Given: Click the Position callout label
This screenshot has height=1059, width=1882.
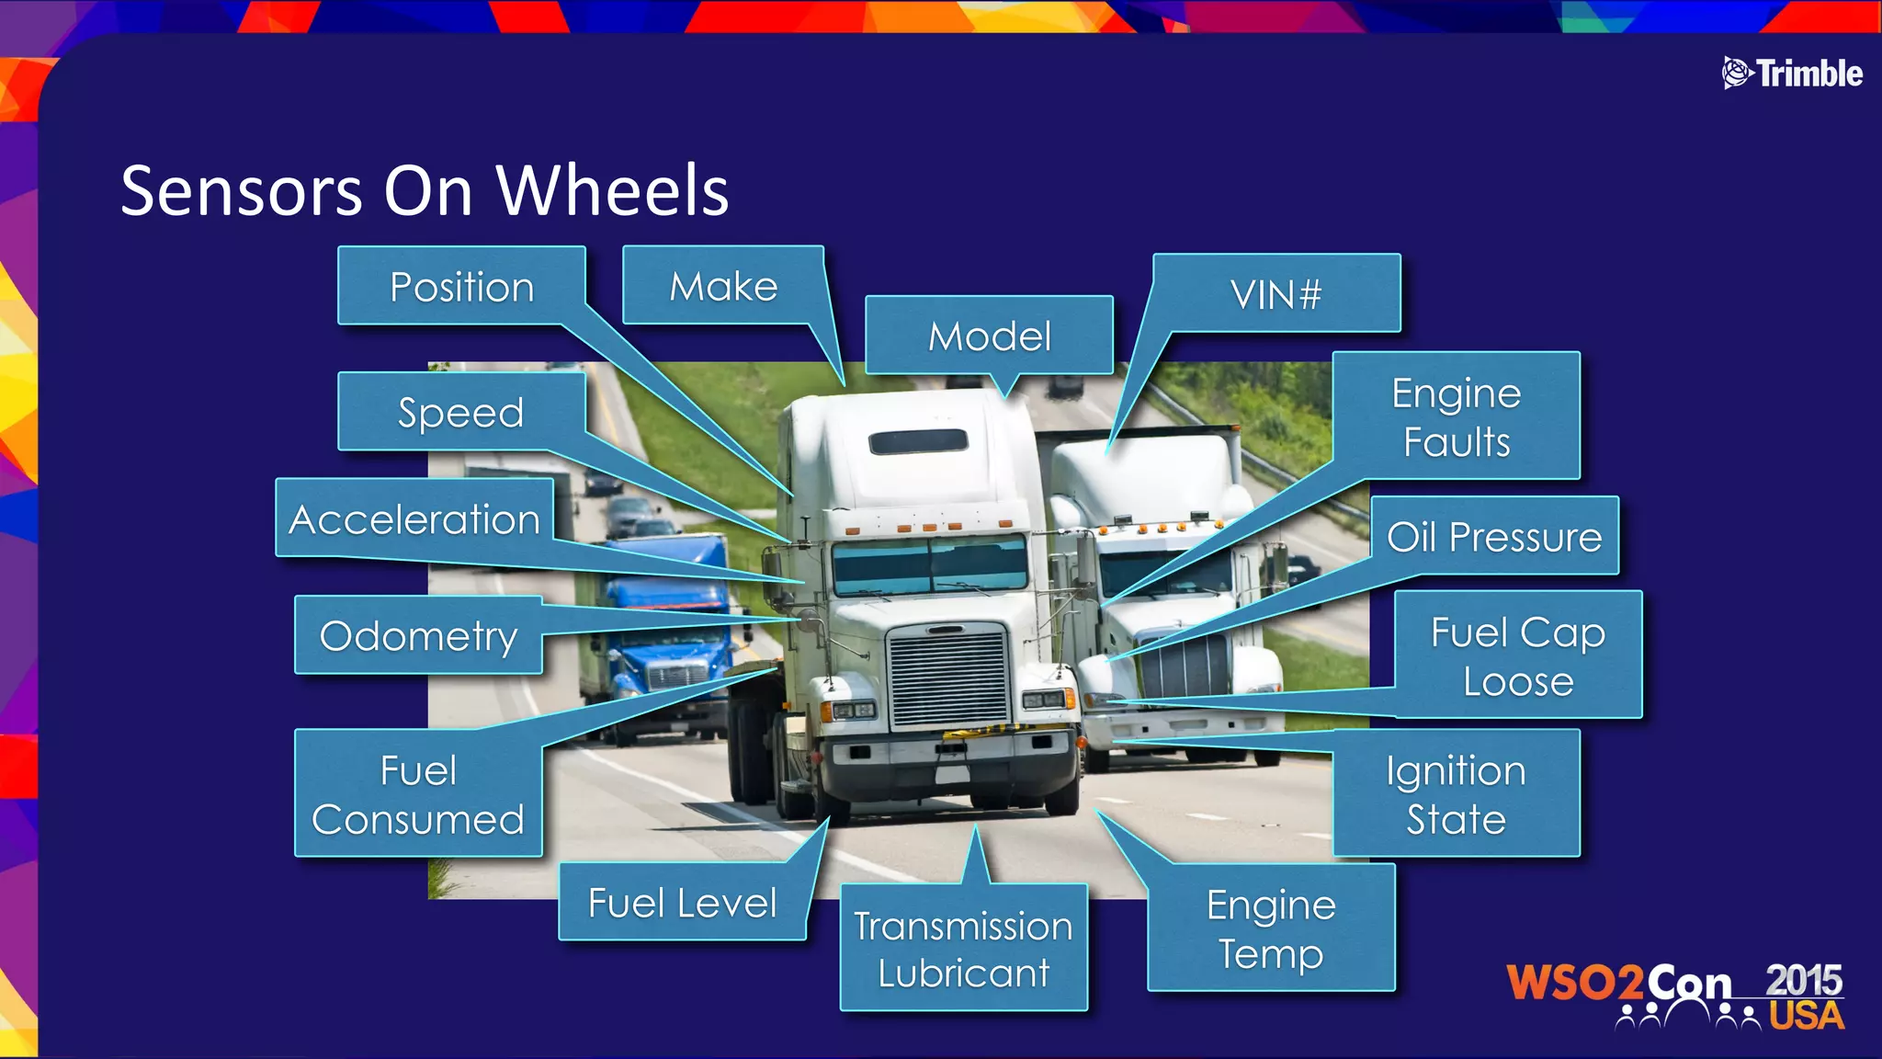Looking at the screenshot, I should click(x=461, y=286).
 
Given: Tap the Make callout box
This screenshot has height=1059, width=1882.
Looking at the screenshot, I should click(x=723, y=286).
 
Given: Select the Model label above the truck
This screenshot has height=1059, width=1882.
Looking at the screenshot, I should click(x=989, y=336).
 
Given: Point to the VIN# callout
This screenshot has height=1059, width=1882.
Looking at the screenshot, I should click(x=1275, y=294).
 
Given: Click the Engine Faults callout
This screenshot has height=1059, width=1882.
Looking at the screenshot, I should click(x=1456, y=416).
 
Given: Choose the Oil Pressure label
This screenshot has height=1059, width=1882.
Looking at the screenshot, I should click(x=1494, y=536).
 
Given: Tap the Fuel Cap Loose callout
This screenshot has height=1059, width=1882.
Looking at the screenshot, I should click(x=1517, y=655).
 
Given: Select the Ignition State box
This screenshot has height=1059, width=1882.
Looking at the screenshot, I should click(x=1456, y=793).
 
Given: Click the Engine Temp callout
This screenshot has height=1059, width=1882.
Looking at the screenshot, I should click(x=1271, y=928).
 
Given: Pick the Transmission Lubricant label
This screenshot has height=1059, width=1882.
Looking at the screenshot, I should click(x=963, y=948).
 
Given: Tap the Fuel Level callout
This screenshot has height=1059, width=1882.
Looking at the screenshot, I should click(x=682, y=902).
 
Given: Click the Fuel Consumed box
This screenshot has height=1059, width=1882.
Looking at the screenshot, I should click(x=418, y=793).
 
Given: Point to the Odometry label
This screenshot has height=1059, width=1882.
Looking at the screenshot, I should click(x=418, y=635).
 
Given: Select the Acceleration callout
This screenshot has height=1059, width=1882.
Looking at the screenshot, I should click(x=414, y=519).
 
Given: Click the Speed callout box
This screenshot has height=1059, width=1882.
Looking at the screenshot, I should click(x=460, y=412).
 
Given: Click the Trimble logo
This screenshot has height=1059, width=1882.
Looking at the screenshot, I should click(x=1792, y=73).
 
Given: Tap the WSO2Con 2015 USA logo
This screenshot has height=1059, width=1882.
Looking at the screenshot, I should click(x=1675, y=995).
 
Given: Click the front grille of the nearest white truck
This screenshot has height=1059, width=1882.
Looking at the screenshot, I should click(x=947, y=675).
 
